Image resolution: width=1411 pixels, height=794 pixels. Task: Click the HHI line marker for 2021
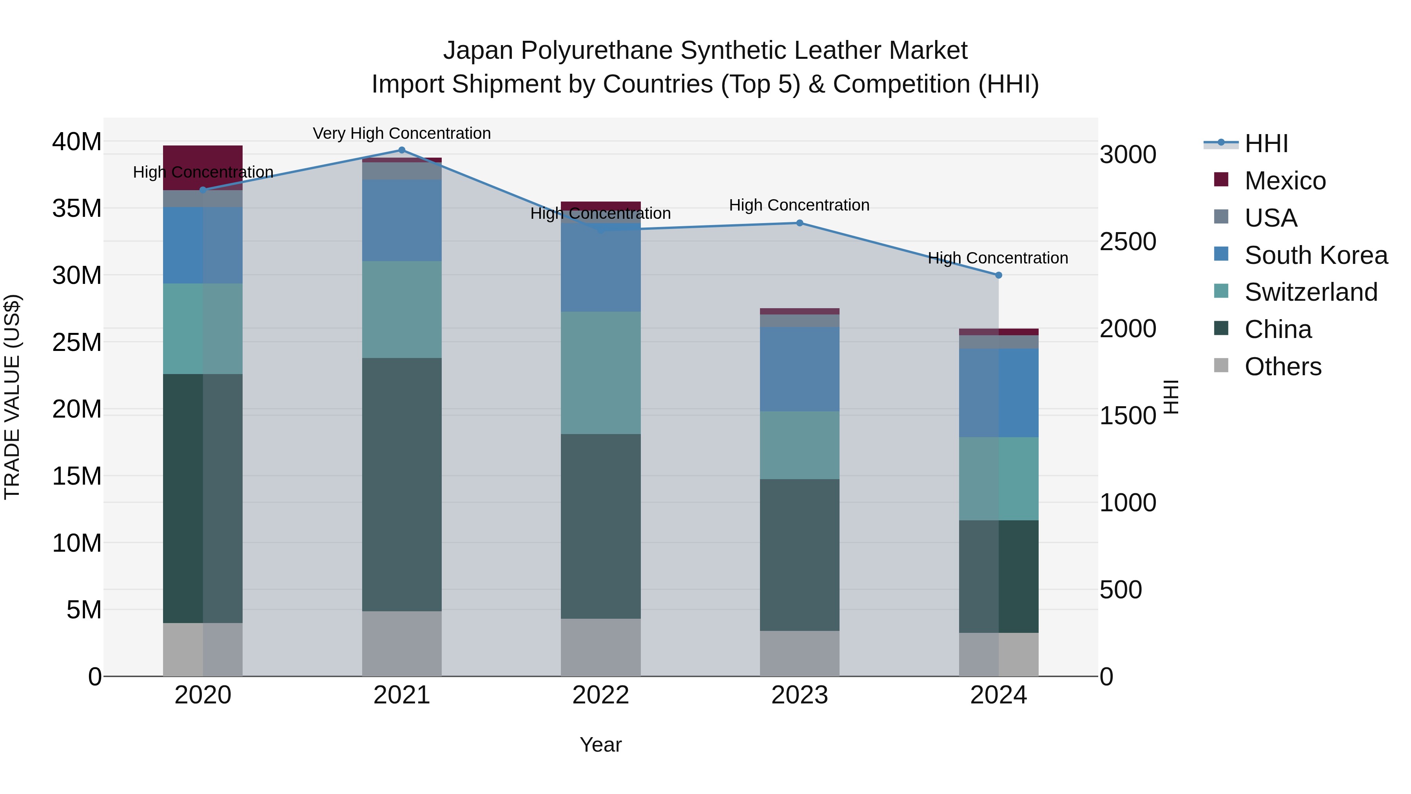tap(401, 150)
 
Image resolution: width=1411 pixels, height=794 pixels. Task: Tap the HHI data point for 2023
tap(799, 223)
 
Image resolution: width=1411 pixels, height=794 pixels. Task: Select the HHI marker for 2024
tap(998, 275)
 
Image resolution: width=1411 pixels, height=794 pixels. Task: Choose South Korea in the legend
tap(1316, 255)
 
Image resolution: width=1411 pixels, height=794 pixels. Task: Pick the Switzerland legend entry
tap(1310, 292)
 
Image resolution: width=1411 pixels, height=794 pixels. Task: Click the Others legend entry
tap(1282, 367)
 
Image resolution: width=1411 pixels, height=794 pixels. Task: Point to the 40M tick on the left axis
tap(77, 142)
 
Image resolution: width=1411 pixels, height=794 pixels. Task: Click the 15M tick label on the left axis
tap(77, 476)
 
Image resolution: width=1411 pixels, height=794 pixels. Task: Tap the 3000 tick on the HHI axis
tap(1128, 154)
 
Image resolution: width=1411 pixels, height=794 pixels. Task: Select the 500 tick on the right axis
tap(1121, 590)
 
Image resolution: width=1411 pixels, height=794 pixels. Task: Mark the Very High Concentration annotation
tap(401, 133)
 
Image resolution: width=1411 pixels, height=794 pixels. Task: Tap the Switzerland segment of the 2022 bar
tap(600, 372)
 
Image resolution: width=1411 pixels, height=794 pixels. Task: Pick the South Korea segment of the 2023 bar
tap(799, 369)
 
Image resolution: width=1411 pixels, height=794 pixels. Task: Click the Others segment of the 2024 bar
tap(998, 654)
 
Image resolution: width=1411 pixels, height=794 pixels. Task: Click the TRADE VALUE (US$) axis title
tap(12, 397)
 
